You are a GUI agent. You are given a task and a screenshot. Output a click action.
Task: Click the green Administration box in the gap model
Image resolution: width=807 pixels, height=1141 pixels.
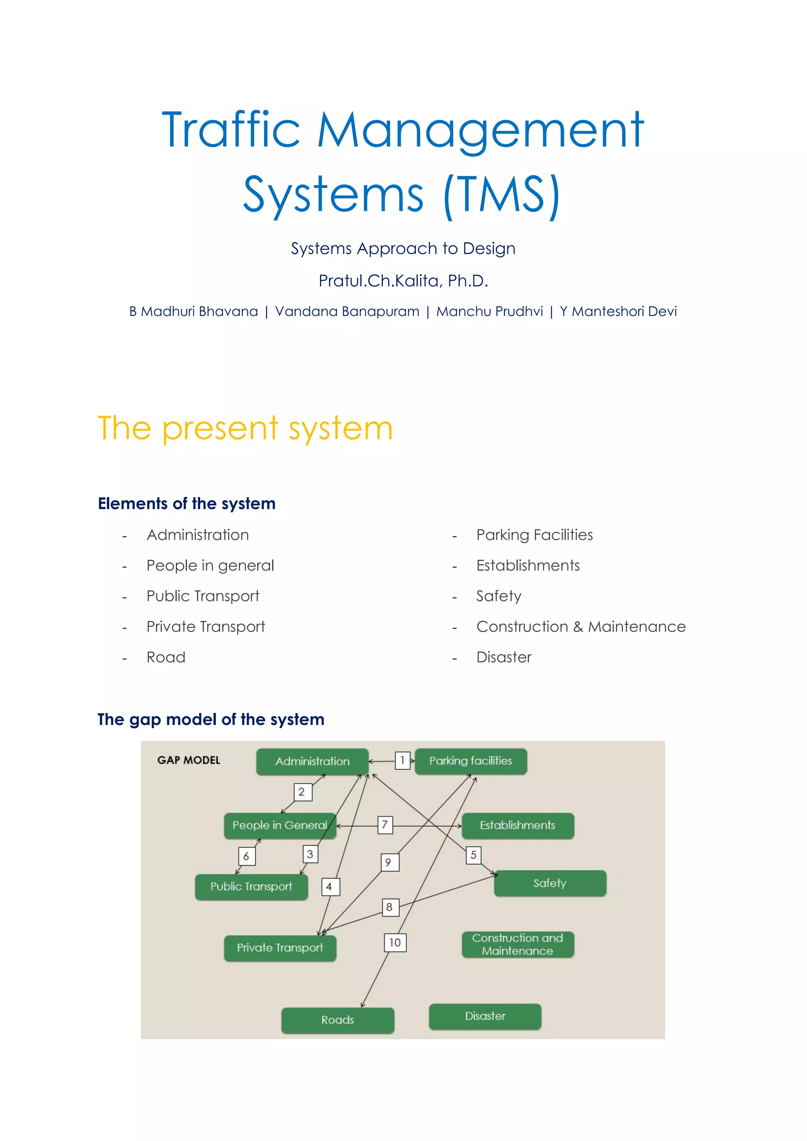[x=312, y=761]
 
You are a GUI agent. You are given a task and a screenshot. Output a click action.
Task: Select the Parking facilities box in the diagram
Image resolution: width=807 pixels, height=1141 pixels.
[x=470, y=761]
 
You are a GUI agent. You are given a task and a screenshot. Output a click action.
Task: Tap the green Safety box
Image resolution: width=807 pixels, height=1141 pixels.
[x=550, y=883]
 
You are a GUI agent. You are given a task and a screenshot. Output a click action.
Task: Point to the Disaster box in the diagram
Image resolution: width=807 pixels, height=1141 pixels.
[x=485, y=1016]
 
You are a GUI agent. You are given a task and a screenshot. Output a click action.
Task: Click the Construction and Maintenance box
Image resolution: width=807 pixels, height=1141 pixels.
[x=518, y=944]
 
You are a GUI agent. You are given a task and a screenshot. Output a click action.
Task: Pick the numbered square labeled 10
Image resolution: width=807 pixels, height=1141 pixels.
[x=395, y=942]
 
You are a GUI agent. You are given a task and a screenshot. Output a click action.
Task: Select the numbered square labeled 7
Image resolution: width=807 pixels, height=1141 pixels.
[x=385, y=825]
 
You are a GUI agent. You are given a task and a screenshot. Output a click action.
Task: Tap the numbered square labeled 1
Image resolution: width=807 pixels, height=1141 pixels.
[x=402, y=760]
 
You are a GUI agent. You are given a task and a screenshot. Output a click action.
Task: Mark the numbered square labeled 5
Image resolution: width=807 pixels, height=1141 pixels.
[x=474, y=855]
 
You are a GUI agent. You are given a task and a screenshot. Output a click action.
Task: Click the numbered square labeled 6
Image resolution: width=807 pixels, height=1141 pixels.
[x=246, y=856]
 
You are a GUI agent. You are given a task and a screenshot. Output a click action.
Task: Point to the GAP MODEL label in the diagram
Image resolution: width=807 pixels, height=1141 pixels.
[x=189, y=760]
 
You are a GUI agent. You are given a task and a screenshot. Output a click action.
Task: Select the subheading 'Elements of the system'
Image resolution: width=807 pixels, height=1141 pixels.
[x=186, y=504]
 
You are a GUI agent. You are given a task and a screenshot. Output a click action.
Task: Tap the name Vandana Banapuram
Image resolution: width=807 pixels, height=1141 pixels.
[x=347, y=312]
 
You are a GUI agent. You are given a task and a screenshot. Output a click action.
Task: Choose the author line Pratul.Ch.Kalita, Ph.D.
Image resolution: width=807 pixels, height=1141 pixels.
[x=403, y=281]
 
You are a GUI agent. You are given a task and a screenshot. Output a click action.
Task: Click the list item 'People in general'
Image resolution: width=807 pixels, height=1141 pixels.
[x=210, y=565]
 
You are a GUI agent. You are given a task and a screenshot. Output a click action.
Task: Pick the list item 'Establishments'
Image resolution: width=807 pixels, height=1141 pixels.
[x=528, y=565]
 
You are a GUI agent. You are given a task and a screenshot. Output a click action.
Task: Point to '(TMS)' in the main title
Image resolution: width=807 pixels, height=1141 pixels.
[x=502, y=195]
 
